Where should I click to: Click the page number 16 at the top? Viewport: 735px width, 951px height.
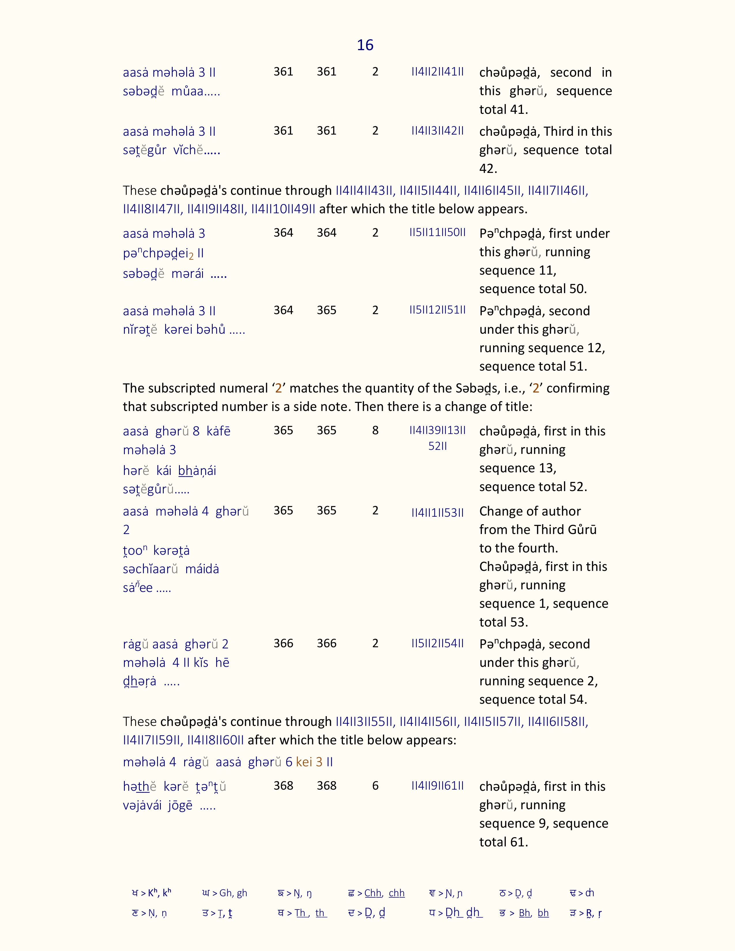(365, 45)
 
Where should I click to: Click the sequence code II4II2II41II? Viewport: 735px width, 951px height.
(437, 72)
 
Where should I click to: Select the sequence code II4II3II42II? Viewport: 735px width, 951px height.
(437, 131)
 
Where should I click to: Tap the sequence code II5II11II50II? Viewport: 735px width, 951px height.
(437, 233)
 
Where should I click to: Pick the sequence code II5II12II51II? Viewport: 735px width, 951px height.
(437, 310)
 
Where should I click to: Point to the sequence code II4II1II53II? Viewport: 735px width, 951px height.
(437, 512)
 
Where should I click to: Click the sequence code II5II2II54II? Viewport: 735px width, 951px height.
(437, 643)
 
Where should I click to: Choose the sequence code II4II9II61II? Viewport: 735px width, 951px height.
(437, 786)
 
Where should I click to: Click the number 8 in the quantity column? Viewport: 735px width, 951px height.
(375, 430)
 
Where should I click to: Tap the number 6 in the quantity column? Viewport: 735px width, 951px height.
(375, 786)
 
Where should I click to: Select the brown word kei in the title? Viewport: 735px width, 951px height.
(304, 762)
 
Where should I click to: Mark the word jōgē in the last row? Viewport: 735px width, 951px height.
(180, 805)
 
